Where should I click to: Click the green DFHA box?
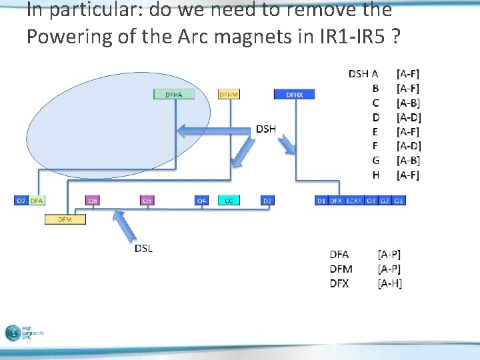[173, 95]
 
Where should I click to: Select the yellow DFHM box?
[229, 95]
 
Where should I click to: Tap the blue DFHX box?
[294, 95]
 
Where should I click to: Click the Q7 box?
[21, 200]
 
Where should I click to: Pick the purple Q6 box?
[93, 200]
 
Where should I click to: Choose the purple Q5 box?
[147, 200]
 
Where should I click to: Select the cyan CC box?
[229, 200]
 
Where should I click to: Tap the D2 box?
[267, 200]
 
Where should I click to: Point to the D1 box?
[321, 200]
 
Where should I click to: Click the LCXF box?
[354, 200]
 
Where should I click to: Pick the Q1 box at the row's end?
[398, 200]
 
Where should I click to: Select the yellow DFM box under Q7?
[65, 219]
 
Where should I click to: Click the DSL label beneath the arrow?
[143, 249]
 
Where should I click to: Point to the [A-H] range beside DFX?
[389, 284]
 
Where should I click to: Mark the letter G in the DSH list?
[376, 160]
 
